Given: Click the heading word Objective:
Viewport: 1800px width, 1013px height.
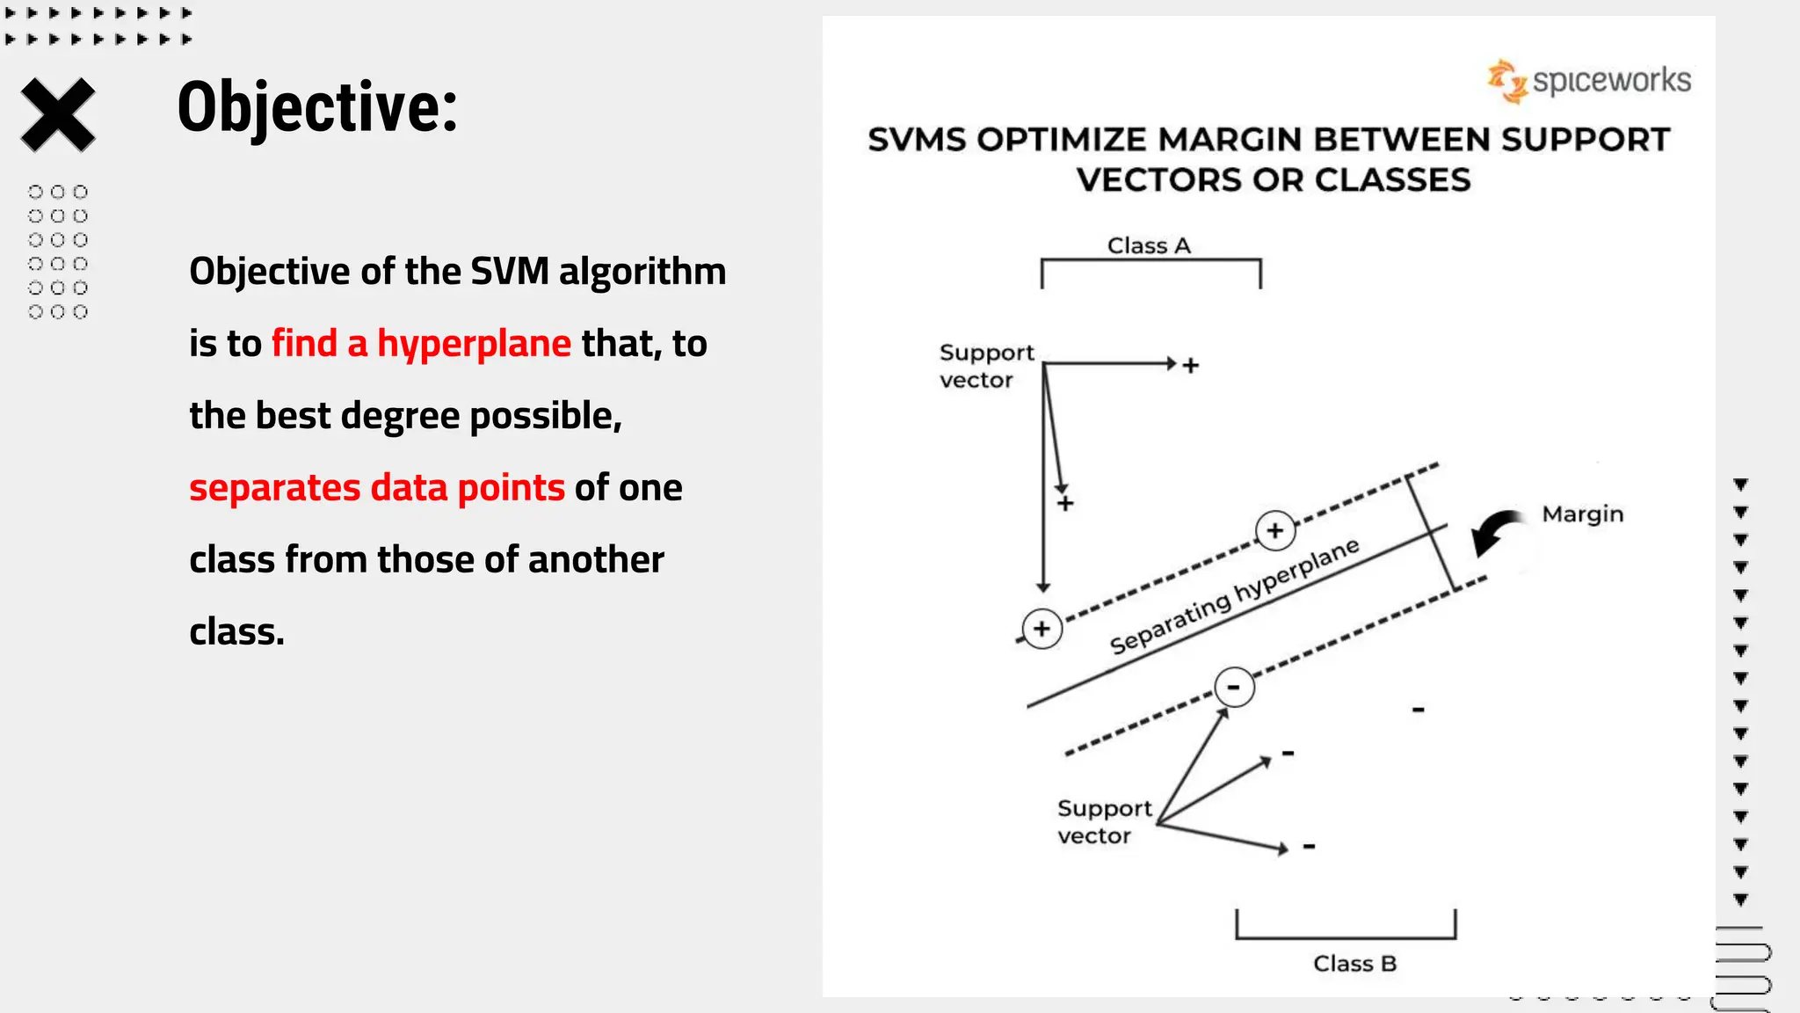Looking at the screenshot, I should (317, 107).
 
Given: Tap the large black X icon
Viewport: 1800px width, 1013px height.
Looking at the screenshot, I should (58, 114).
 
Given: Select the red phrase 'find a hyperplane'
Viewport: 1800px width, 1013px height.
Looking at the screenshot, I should (421, 343).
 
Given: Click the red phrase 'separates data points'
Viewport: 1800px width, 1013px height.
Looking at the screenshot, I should (376, 487).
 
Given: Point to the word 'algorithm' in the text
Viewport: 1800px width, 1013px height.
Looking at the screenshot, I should (642, 271).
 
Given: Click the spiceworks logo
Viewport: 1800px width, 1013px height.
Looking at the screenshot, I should (1589, 81).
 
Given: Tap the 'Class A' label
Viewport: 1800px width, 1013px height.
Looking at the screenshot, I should (1149, 245).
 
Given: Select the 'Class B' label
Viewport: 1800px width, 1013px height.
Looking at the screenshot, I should (1354, 964).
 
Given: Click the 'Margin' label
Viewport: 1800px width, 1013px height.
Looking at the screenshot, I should (1582, 514).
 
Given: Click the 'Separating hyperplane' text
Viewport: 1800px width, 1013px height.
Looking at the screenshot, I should (1234, 598).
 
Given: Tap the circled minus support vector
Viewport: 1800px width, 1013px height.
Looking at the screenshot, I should (1234, 687).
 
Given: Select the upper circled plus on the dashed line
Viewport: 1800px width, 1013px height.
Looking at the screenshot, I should (1275, 530).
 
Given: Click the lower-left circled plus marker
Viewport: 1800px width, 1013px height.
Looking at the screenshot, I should (1042, 629).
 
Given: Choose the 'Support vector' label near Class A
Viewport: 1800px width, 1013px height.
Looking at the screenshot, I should (985, 366).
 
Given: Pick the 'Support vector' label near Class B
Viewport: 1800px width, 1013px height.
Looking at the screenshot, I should (1104, 822).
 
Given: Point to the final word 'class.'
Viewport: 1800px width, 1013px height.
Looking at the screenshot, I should (236, 632).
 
